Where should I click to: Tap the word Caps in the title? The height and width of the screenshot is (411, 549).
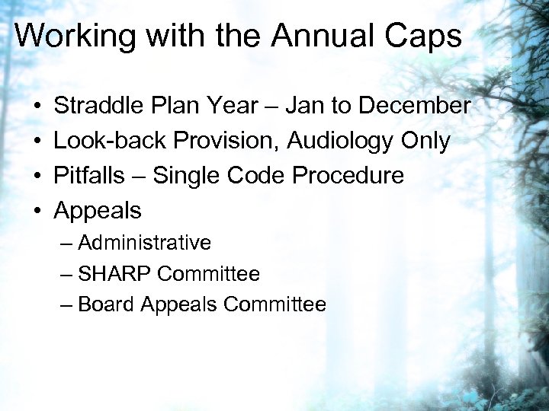point(425,36)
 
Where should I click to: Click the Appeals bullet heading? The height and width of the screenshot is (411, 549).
point(98,211)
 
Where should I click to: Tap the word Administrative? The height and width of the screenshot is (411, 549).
point(144,243)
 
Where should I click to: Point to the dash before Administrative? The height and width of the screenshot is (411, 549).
point(66,244)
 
